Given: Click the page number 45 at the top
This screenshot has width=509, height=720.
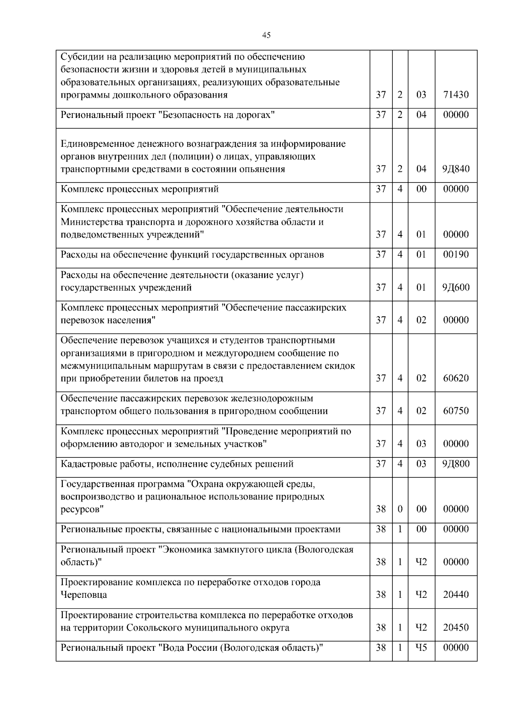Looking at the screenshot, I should click(x=266, y=35).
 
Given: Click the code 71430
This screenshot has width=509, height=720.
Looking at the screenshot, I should click(x=456, y=95).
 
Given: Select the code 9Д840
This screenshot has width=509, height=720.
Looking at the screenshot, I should click(x=456, y=169).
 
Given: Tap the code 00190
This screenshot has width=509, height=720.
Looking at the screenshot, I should click(x=456, y=255).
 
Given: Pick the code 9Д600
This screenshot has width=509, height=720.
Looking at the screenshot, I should click(x=456, y=287).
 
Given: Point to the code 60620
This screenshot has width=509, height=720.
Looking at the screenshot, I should click(x=456, y=378).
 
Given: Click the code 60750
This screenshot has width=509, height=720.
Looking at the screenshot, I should click(x=456, y=411).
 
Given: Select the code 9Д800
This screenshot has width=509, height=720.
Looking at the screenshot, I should click(x=456, y=464).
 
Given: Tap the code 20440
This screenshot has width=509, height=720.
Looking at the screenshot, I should click(x=456, y=594).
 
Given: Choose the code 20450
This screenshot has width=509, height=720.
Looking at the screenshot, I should click(x=456, y=627).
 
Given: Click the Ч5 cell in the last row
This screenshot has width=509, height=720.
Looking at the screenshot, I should click(x=421, y=647).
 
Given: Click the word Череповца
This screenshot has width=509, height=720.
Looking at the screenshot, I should click(x=84, y=594).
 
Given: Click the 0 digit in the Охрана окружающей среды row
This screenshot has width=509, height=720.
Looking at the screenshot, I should click(x=400, y=509).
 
